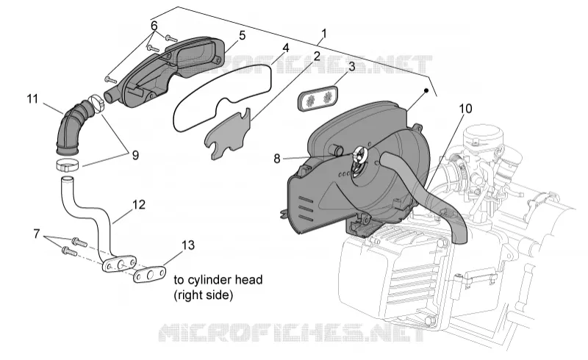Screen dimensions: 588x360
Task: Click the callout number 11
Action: coord(32,99)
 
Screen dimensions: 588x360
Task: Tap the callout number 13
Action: coord(188,245)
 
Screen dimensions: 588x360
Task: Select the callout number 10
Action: coord(465,109)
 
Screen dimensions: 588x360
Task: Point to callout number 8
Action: coord(277,159)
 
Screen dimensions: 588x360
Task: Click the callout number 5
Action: coord(243,35)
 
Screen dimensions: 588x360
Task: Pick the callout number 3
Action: coord(351,66)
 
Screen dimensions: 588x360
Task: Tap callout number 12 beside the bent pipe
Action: coord(139,205)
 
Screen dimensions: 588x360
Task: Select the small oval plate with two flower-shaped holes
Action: coord(318,97)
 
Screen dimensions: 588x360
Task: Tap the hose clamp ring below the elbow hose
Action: coord(68,164)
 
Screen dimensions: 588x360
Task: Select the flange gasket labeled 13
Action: coord(150,274)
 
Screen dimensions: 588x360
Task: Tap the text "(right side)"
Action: coord(204,295)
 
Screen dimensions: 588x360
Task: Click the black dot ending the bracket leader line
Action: coord(426,91)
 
